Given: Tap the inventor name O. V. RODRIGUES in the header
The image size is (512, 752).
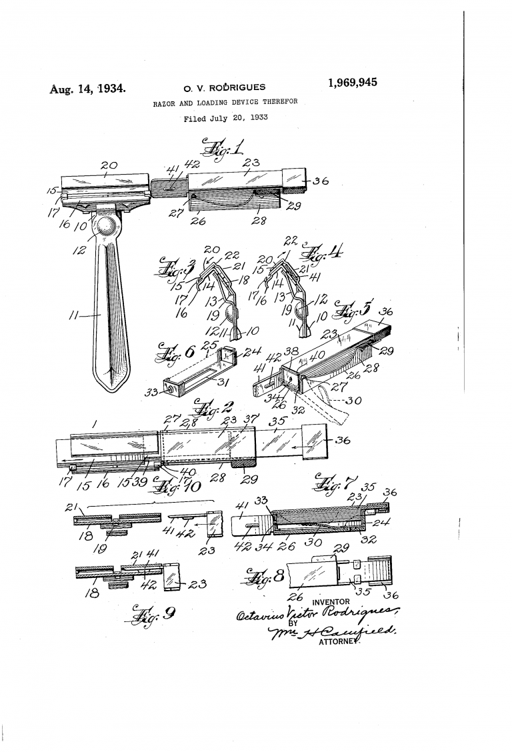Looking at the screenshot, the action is click(x=223, y=87).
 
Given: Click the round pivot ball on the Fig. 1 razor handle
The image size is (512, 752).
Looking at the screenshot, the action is click(x=105, y=226).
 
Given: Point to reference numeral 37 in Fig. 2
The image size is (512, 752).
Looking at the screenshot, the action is click(x=251, y=419).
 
